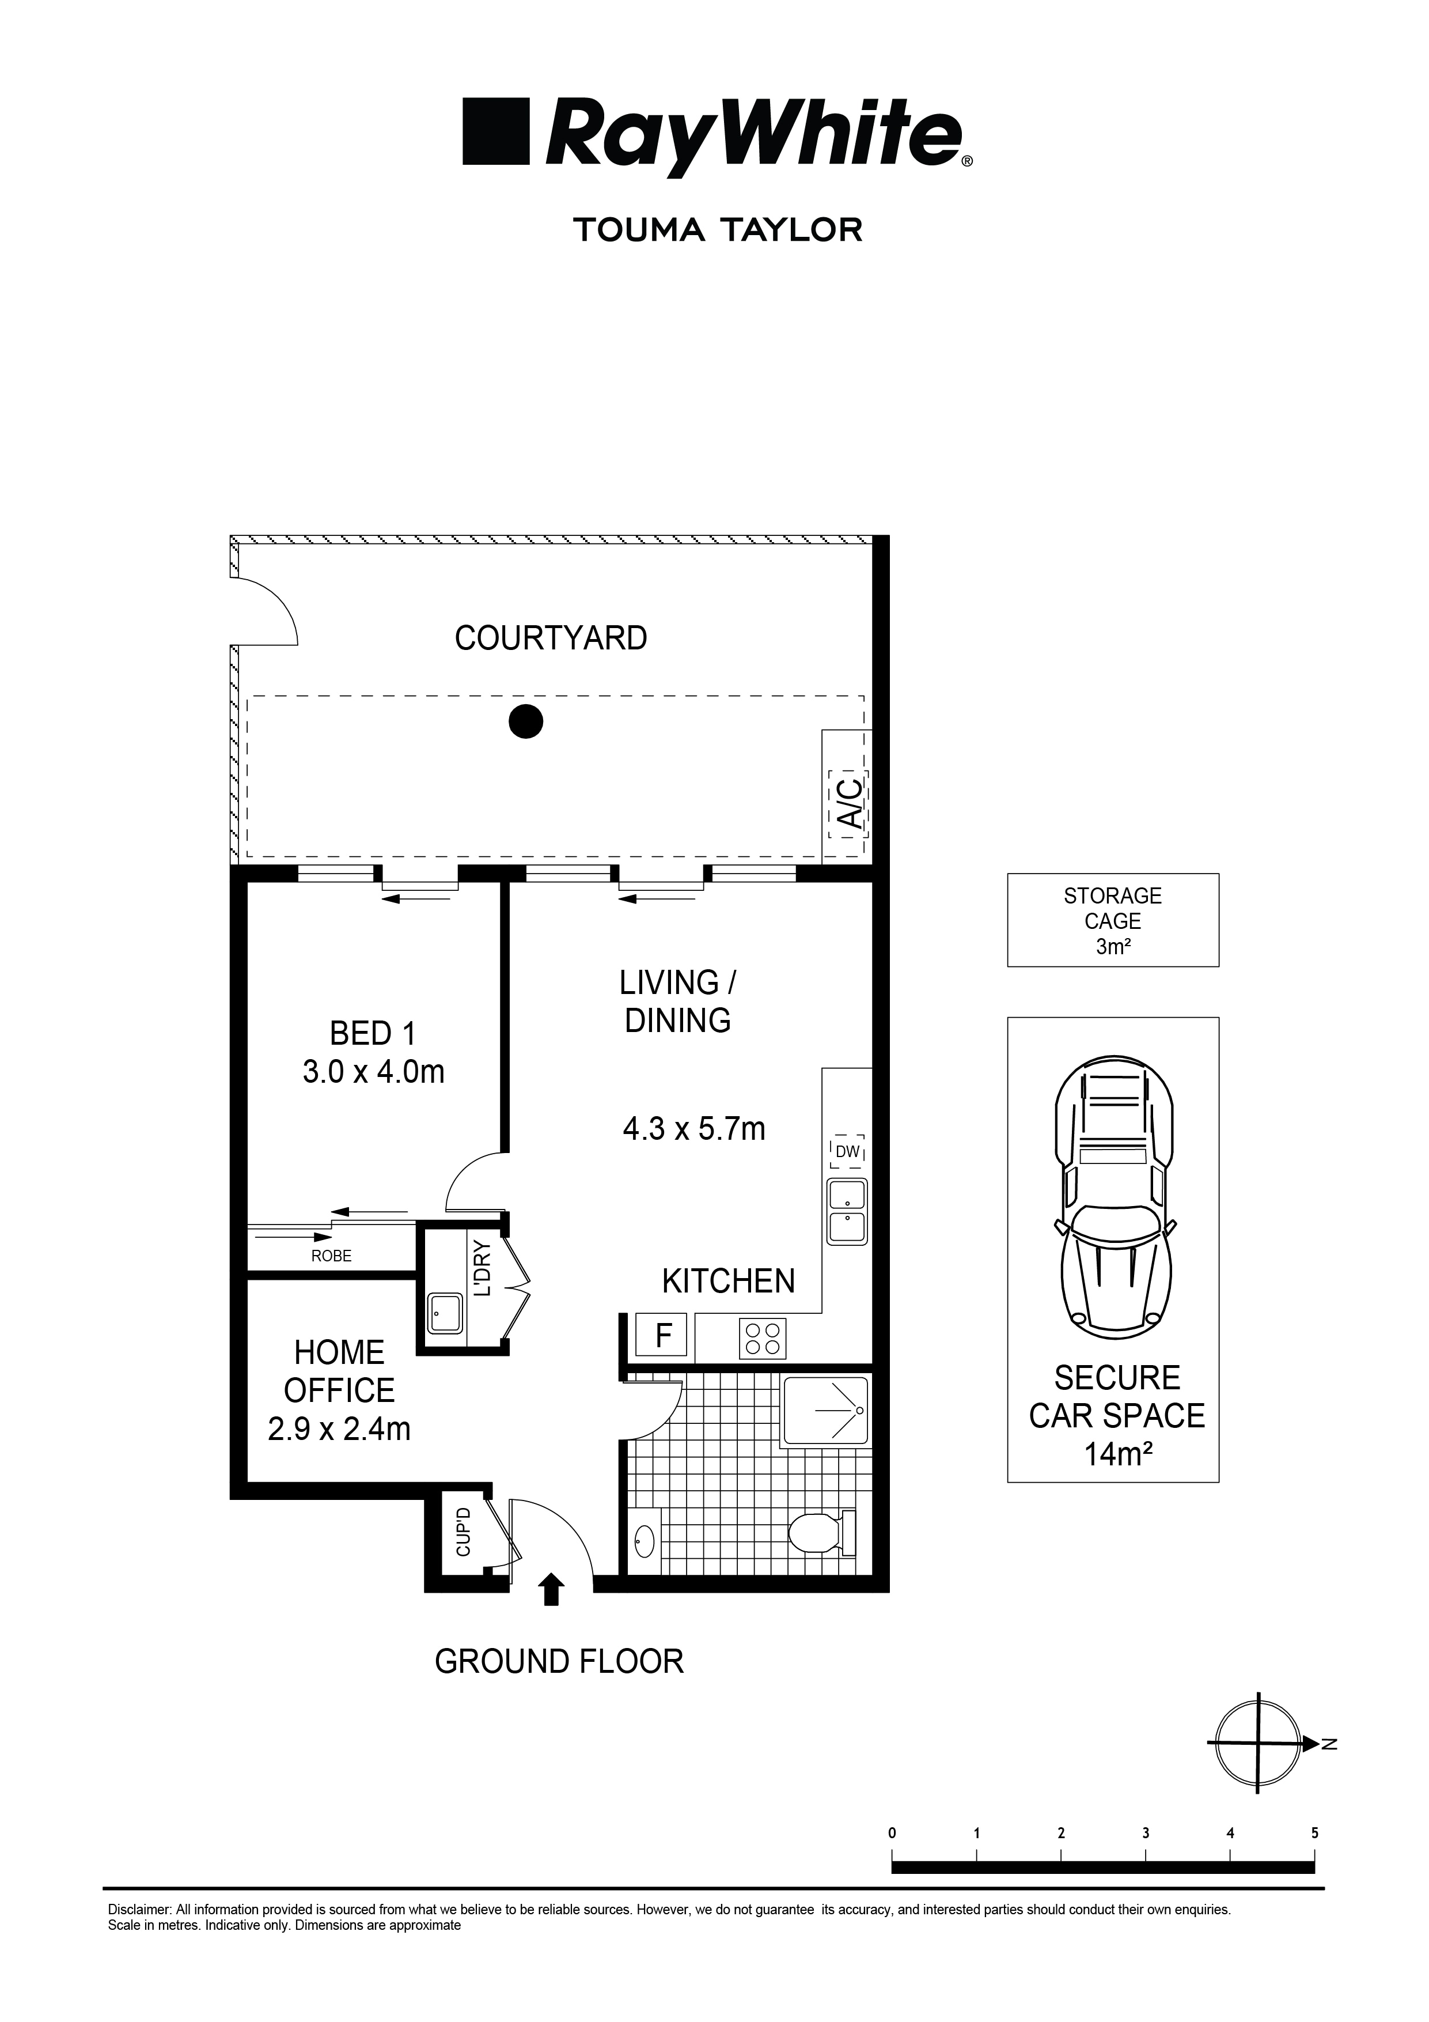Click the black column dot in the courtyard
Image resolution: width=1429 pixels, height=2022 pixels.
pos(526,721)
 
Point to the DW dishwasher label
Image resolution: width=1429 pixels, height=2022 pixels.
pos(847,1152)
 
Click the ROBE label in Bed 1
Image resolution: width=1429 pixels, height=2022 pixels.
pos(331,1256)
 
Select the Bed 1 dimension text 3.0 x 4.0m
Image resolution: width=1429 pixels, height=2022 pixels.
pos(373,1072)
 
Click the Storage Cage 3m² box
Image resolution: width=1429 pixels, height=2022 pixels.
pos(1112,920)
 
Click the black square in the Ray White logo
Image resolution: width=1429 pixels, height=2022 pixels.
pos(496,131)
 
